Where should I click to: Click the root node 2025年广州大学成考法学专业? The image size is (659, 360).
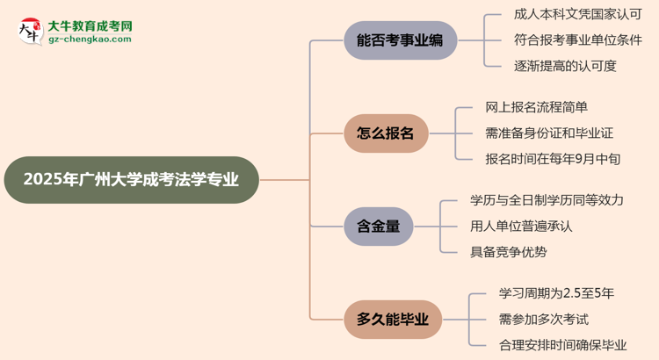[x=131, y=180]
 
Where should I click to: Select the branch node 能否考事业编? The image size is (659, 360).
[x=401, y=40]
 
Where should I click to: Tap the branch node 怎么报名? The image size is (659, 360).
[x=386, y=133]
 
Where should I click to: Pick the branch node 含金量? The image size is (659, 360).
[x=379, y=227]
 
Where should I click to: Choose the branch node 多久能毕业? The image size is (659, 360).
[x=393, y=320]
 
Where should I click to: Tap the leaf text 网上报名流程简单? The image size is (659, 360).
[x=536, y=108]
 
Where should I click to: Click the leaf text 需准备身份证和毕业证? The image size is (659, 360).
[x=548, y=133]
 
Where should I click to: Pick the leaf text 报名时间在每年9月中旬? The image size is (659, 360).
[x=553, y=159]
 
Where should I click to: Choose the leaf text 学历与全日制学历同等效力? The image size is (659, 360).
[x=547, y=200]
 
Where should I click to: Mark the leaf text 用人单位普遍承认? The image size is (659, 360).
[x=521, y=226]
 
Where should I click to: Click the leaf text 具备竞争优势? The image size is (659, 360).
[x=509, y=252]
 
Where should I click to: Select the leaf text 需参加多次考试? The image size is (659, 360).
[x=531, y=319]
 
